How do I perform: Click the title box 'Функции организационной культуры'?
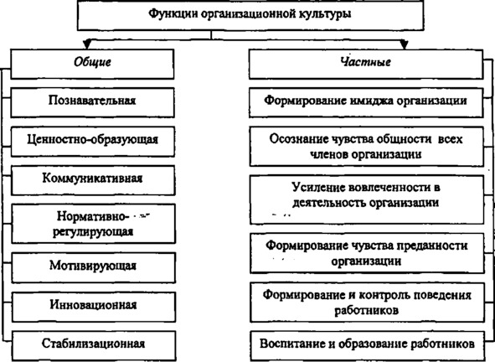point(250,15)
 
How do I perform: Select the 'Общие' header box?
point(92,64)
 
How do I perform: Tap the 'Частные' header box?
point(366,64)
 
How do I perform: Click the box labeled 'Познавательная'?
point(92,103)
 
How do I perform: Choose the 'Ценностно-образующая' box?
point(93,142)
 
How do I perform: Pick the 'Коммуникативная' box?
point(93,180)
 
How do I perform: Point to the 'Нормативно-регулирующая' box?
point(94,224)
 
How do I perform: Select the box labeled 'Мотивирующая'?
point(94,267)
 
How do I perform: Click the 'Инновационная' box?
point(94,307)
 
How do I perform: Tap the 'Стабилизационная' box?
point(94,345)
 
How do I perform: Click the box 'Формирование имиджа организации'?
point(366,103)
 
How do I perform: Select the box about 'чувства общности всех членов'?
point(367,147)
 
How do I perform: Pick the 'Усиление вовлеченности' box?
point(367,199)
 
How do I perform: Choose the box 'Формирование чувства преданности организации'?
point(367,253)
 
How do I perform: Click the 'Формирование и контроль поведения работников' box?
point(368,303)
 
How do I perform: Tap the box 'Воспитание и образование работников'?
point(368,345)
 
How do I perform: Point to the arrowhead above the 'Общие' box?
point(87,44)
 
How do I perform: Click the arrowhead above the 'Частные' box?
point(404,44)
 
